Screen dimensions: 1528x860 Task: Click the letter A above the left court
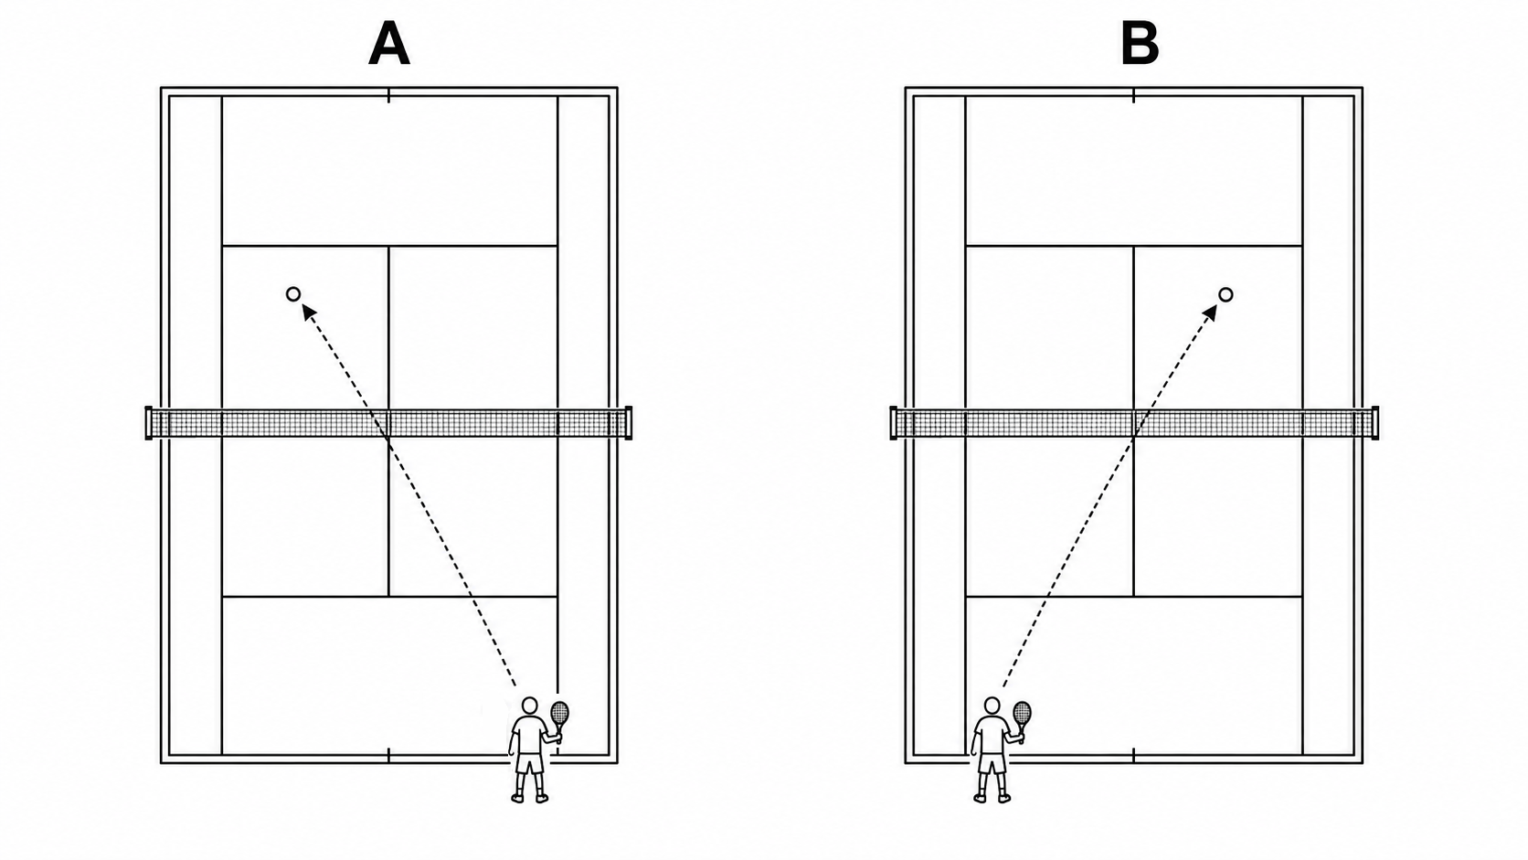click(x=388, y=43)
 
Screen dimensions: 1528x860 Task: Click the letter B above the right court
click(x=1140, y=43)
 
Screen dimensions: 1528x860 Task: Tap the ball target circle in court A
click(x=293, y=294)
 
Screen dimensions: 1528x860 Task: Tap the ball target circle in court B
click(x=1226, y=294)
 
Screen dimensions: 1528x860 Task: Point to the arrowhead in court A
click(x=309, y=313)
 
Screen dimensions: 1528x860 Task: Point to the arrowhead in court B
click(x=1210, y=313)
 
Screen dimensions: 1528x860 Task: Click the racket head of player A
click(x=560, y=713)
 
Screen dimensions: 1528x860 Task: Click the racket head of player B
click(x=1023, y=713)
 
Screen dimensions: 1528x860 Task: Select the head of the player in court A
click(x=530, y=706)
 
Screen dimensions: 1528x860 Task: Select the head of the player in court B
click(x=992, y=706)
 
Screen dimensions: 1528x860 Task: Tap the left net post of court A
click(x=149, y=423)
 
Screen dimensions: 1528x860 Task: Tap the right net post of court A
click(x=629, y=423)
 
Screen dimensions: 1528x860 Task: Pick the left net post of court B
click(x=894, y=423)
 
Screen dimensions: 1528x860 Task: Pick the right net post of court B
click(x=1375, y=423)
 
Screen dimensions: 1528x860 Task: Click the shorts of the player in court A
click(x=529, y=763)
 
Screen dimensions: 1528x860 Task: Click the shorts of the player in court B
click(x=992, y=763)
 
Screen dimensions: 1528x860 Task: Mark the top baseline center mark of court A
click(x=388, y=95)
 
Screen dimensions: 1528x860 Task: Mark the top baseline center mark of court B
click(x=1134, y=95)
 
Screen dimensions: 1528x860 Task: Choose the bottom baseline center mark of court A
click(x=388, y=755)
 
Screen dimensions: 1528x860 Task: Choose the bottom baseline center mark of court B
click(x=1134, y=755)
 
